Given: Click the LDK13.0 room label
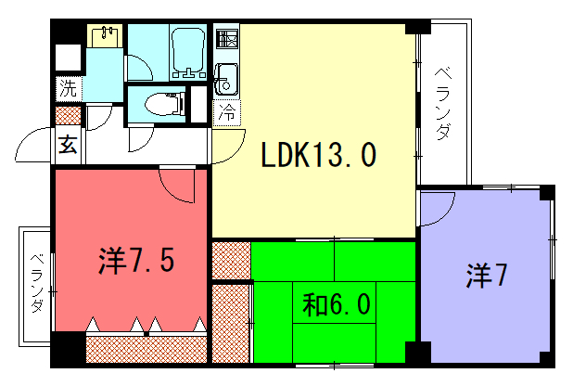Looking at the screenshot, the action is point(318,155).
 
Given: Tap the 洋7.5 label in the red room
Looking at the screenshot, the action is point(136,260).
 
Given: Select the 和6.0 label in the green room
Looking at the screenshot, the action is point(337,304).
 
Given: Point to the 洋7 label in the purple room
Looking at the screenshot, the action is point(487,276).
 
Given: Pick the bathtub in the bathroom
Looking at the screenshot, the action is point(188,52).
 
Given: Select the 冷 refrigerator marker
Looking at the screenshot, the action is point(226,112).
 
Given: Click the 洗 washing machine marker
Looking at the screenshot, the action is point(69,88).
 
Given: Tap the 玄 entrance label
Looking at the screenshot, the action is point(68,144).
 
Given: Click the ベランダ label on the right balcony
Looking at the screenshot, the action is point(443,103).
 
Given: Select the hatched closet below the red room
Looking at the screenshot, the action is point(146,350).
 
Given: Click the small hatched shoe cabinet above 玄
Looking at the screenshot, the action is point(68,116).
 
